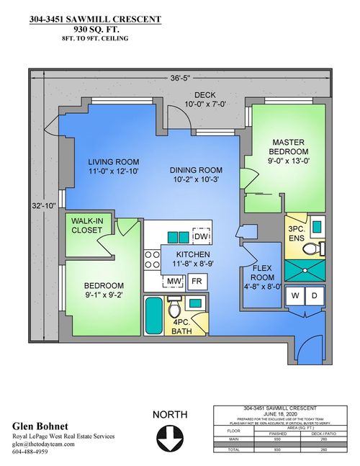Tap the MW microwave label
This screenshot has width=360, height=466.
[174, 281]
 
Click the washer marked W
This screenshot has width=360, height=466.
[295, 297]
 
